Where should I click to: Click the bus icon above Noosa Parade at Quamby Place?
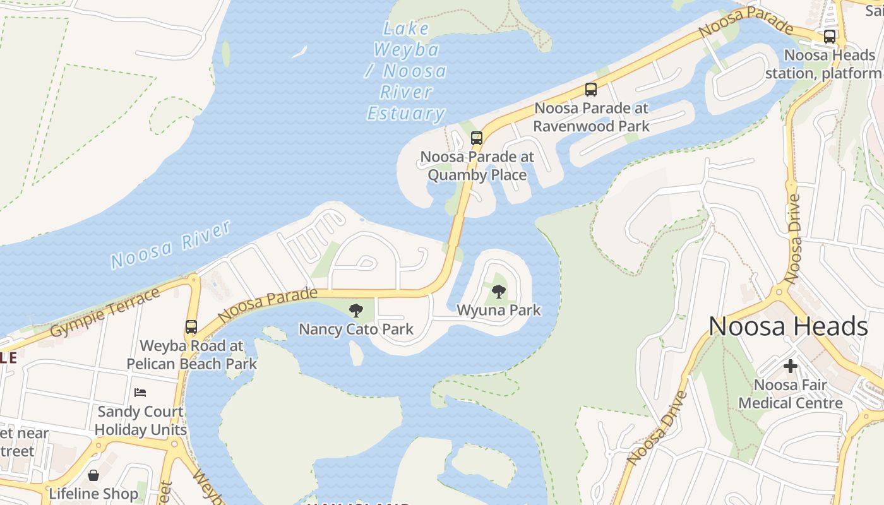[x=477, y=138]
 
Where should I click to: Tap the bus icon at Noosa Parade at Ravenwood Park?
[x=591, y=90]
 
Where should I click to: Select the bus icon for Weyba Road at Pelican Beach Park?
[x=191, y=327]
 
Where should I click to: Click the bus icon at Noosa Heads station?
[x=830, y=37]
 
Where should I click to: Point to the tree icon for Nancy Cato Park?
[x=356, y=310]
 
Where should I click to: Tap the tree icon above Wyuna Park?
[x=499, y=291]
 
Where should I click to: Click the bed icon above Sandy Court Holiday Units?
[x=140, y=393]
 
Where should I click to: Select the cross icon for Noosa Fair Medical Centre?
[x=790, y=366]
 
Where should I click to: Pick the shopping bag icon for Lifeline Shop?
[x=93, y=475]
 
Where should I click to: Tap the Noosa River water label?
[x=170, y=244]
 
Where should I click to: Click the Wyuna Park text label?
[x=499, y=310]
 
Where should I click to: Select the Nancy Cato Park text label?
[x=356, y=329]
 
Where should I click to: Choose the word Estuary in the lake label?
[x=406, y=114]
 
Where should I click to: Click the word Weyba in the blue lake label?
[x=406, y=49]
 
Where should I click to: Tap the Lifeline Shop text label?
[x=93, y=494]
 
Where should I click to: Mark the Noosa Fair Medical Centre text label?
[x=790, y=394]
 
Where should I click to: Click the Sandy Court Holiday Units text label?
[x=140, y=420]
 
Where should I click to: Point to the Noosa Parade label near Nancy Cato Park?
[x=267, y=304]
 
